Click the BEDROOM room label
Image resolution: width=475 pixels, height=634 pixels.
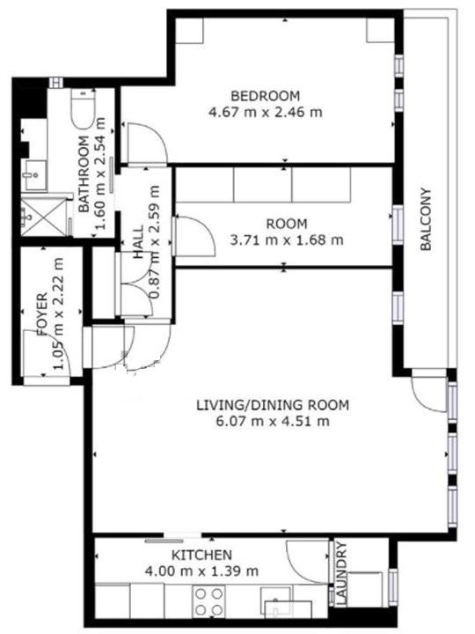(x=266, y=96)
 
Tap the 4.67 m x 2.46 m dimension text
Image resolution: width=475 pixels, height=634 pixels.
(x=266, y=112)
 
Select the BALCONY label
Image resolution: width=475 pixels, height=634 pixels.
(x=426, y=219)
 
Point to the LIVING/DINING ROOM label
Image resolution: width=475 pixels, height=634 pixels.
(x=273, y=405)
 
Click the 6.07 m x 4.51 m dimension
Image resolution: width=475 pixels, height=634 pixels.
(x=273, y=421)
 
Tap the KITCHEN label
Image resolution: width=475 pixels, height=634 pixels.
(x=201, y=555)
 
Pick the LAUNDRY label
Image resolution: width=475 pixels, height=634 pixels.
(x=341, y=573)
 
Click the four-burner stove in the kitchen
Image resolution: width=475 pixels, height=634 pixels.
(x=208, y=601)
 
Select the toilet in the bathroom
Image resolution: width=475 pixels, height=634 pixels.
(x=84, y=107)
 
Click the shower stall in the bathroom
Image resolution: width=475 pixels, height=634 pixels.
(x=44, y=217)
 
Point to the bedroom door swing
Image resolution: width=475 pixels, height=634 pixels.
(x=147, y=143)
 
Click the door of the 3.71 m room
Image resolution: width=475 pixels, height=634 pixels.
(x=194, y=236)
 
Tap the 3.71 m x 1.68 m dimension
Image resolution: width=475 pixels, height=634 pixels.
(x=287, y=240)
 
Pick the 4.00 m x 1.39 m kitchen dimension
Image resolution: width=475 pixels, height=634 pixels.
(x=201, y=571)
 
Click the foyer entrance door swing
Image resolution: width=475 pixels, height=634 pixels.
(x=47, y=353)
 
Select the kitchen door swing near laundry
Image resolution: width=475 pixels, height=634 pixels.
(x=307, y=562)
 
